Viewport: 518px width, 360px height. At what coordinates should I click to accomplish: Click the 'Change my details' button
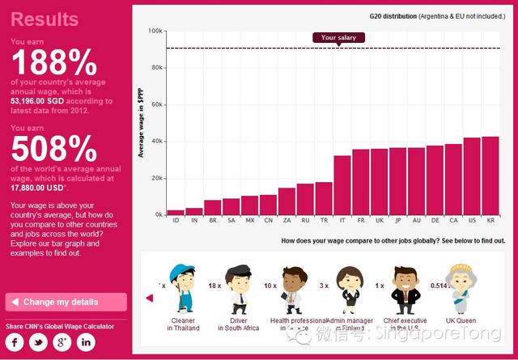click(66, 302)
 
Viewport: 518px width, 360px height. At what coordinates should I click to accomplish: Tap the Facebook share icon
click(17, 342)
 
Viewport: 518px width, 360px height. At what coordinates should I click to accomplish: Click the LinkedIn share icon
click(86, 342)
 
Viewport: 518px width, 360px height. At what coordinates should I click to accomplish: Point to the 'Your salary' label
click(338, 37)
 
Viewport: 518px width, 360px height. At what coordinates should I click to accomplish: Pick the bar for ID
click(175, 212)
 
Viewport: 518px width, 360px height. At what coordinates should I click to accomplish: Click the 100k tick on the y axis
click(155, 31)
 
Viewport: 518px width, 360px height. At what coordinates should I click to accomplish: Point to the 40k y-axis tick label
click(155, 142)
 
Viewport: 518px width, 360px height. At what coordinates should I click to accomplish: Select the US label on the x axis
click(472, 220)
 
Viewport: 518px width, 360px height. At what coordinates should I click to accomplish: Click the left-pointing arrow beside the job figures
click(149, 298)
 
